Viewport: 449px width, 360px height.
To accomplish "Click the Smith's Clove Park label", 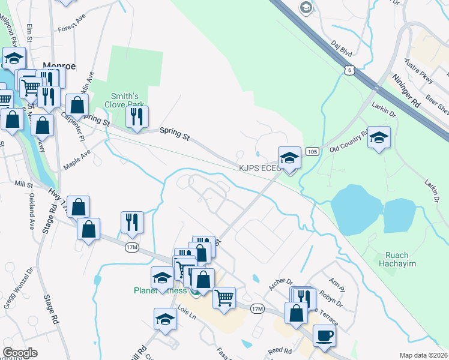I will [125, 100].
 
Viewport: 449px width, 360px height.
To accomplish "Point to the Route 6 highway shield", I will [349, 71].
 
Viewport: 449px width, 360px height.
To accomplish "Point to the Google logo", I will [20, 353].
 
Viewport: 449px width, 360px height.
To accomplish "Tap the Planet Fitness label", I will [159, 292].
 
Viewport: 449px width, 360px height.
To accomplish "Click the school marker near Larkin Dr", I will [379, 137].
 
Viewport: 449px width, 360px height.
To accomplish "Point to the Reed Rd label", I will [280, 350].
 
